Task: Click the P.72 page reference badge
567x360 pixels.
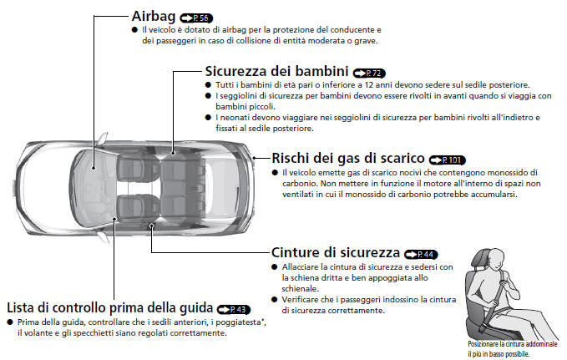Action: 369,74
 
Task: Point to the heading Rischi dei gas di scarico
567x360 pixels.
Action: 347,158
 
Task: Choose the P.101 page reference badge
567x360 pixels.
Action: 447,160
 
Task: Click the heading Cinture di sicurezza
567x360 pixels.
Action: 335,252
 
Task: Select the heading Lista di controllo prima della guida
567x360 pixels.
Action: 110,307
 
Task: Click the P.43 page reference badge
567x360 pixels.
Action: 234,309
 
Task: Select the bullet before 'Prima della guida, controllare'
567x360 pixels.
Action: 9,322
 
